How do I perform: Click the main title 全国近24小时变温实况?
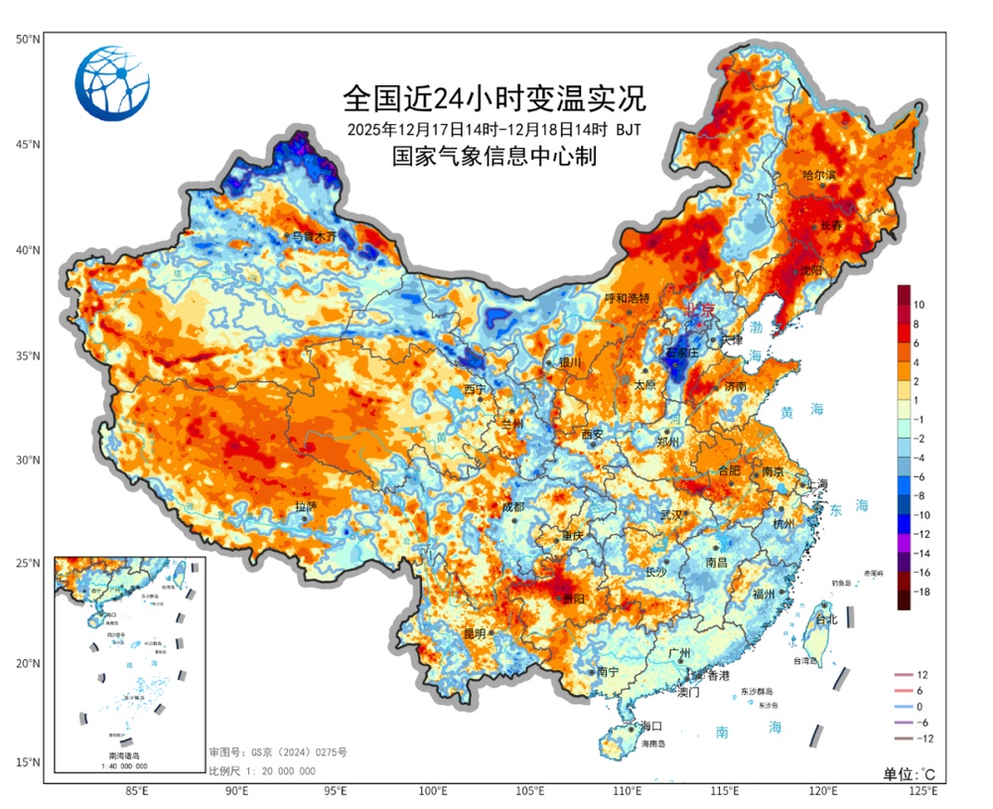point(494,98)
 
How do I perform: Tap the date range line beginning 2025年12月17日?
point(494,129)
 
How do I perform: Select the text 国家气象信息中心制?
point(494,157)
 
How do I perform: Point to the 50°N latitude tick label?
point(27,39)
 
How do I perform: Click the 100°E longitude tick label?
point(432,791)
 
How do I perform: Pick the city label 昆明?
point(474,633)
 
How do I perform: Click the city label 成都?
point(512,506)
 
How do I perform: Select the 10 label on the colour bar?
point(920,304)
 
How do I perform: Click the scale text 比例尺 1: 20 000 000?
point(262,771)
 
